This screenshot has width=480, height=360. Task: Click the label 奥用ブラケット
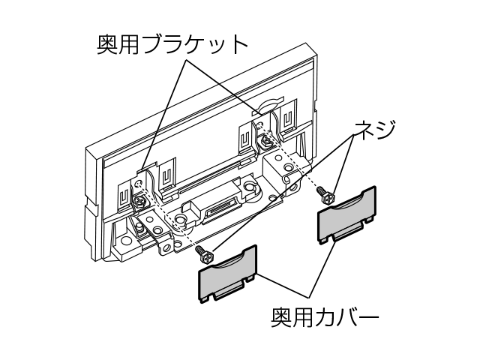pyautogui.click(x=172, y=44)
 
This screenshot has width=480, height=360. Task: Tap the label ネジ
pyautogui.click(x=373, y=128)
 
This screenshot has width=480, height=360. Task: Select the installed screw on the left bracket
pyautogui.click(x=139, y=200)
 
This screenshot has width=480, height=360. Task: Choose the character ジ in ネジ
pyautogui.click(x=384, y=128)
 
